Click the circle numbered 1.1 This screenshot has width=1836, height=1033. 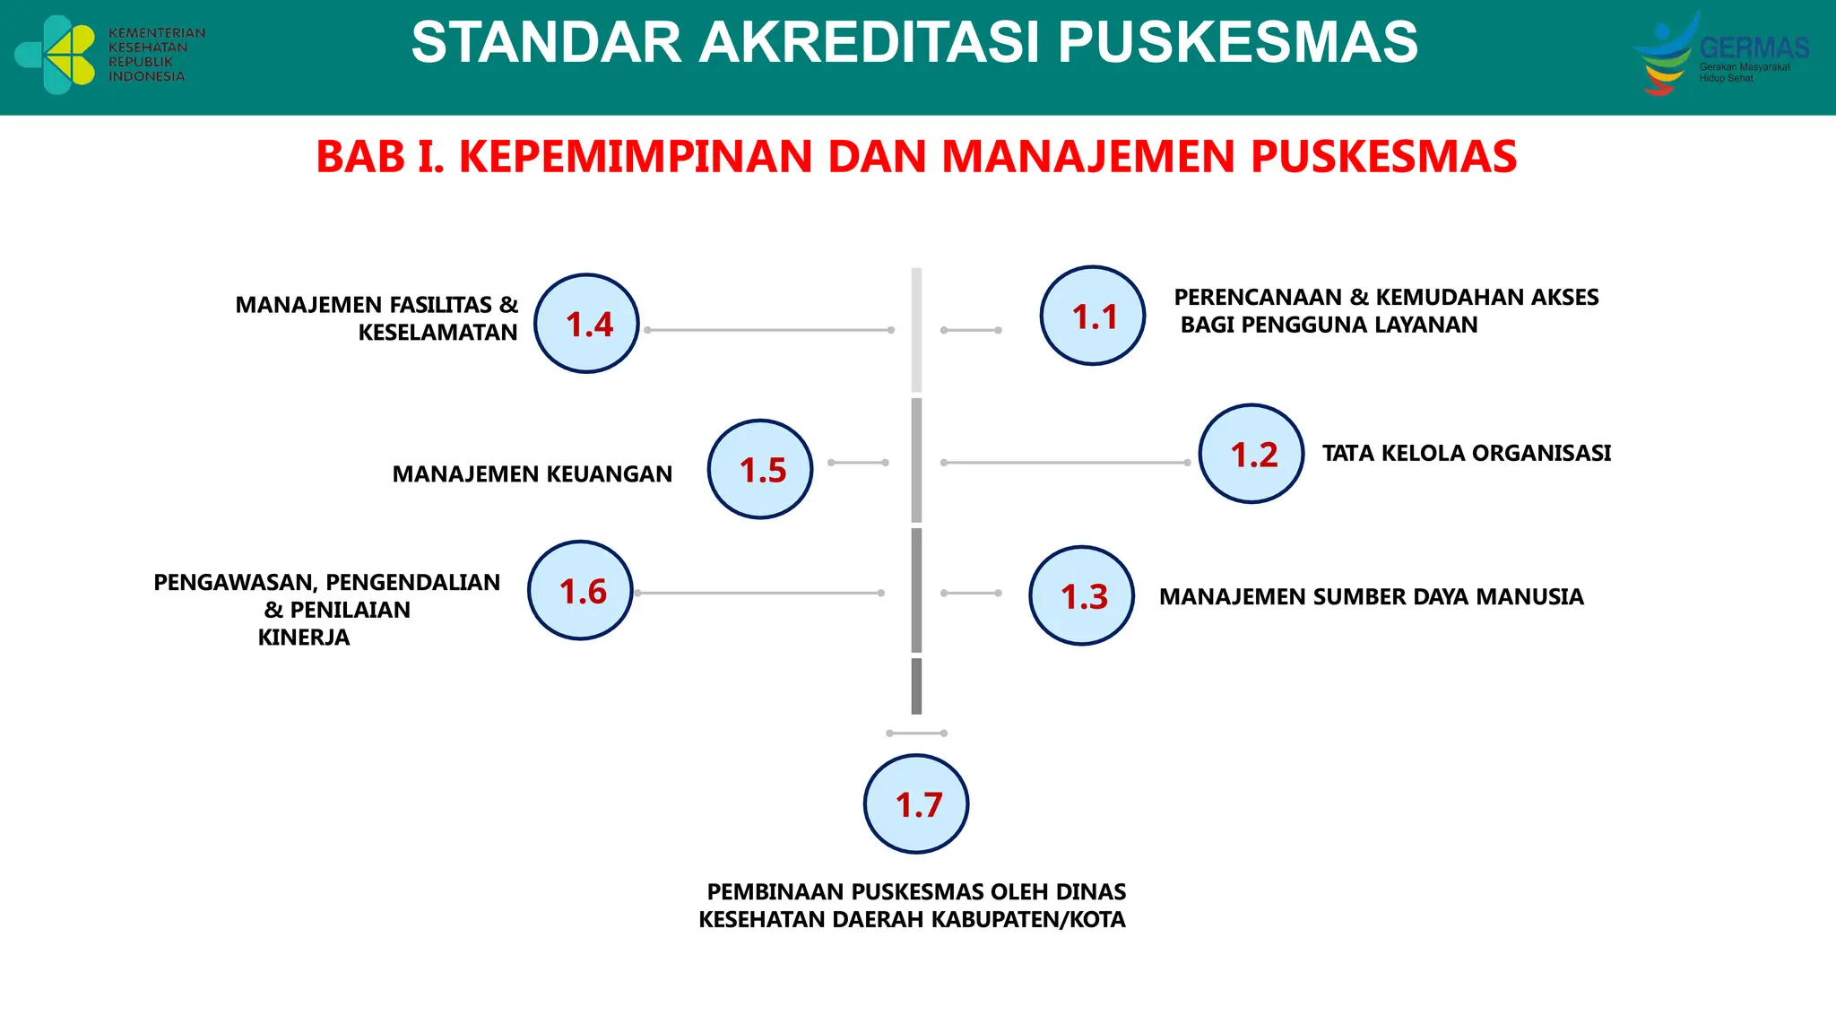(1092, 316)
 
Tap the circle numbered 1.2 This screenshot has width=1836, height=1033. (1251, 454)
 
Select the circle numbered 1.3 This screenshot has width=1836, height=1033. (1081, 595)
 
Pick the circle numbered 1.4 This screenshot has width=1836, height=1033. (586, 324)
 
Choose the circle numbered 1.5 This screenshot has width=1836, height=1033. (760, 469)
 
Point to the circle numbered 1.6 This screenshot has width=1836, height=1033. (580, 590)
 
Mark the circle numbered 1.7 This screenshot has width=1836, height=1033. (916, 803)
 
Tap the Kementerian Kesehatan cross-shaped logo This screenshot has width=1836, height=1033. (56, 55)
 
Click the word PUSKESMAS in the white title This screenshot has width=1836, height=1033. (1237, 42)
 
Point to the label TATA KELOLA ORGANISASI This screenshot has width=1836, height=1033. (1466, 454)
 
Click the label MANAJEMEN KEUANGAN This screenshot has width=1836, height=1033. (532, 474)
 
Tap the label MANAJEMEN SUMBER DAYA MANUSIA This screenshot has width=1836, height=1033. (1371, 597)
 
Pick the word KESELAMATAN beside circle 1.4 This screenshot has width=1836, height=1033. (437, 333)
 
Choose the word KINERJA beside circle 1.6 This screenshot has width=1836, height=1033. (304, 638)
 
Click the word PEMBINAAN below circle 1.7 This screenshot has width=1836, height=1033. (775, 892)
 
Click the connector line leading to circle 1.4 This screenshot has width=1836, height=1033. (768, 330)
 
